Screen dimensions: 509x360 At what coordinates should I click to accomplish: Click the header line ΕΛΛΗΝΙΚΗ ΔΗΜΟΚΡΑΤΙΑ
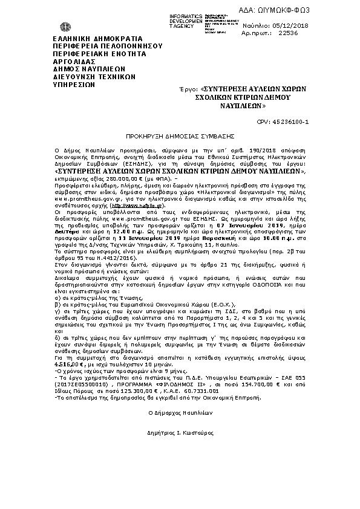coord(77,38)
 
